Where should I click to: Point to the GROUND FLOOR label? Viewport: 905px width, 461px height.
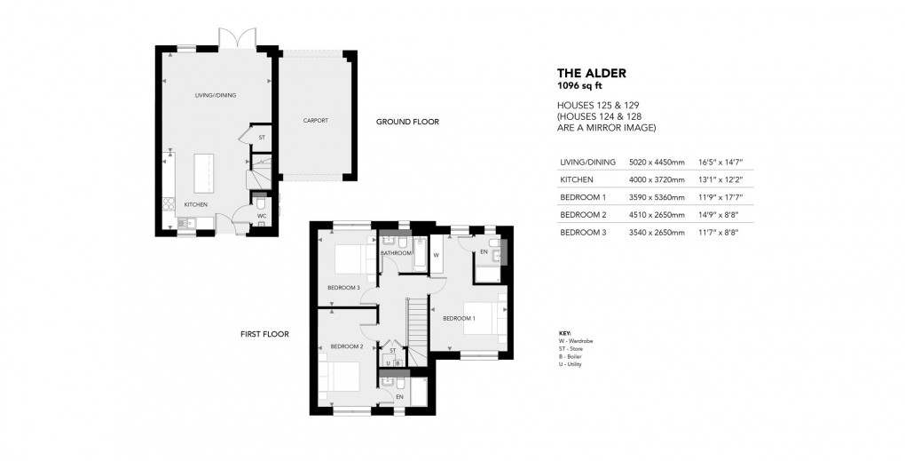406,122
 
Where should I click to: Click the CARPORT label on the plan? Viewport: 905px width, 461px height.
316,120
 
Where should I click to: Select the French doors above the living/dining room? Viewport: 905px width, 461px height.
237,38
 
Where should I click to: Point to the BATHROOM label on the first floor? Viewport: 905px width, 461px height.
396,253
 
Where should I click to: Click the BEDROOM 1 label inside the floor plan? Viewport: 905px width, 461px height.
460,318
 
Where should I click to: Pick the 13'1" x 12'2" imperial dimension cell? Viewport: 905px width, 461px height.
720,179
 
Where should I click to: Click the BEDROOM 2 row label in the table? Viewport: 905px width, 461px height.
582,215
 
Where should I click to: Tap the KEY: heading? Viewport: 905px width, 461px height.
565,333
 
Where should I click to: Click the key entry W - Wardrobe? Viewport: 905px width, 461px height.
577,341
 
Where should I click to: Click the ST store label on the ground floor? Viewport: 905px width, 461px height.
262,138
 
